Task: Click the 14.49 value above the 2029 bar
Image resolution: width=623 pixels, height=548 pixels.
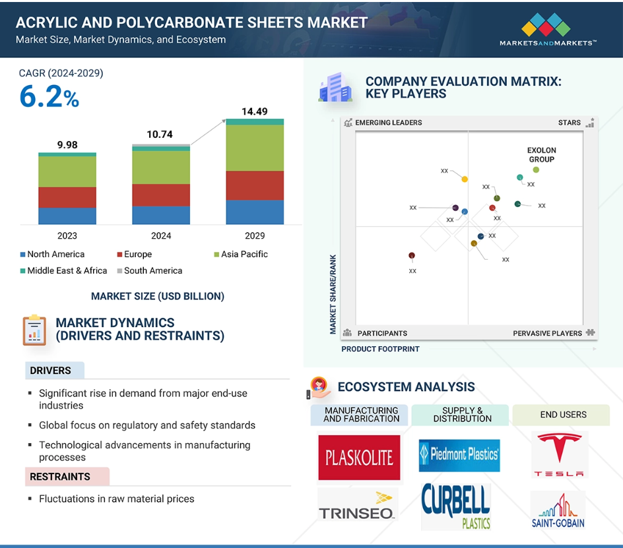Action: pos(255,111)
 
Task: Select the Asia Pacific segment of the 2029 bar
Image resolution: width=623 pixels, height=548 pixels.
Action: pos(255,148)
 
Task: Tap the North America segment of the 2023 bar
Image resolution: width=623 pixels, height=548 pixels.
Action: pos(67,216)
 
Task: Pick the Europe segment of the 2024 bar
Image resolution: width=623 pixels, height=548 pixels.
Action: pos(161,195)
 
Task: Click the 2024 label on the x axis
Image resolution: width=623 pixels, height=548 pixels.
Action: pos(161,235)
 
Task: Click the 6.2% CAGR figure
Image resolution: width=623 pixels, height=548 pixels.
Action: pos(49,98)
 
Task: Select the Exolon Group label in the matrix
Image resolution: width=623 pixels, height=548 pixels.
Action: pos(541,155)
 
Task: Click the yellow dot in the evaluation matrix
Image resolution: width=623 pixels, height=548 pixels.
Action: pos(465,179)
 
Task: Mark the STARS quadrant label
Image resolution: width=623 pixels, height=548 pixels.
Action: pos(569,123)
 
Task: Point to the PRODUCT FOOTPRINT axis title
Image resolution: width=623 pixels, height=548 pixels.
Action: pos(380,349)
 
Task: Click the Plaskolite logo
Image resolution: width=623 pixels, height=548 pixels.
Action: pos(359,457)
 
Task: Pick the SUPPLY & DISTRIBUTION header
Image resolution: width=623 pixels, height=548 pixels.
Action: pos(461,414)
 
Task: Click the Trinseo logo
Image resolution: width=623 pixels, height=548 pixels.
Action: pos(357,506)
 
